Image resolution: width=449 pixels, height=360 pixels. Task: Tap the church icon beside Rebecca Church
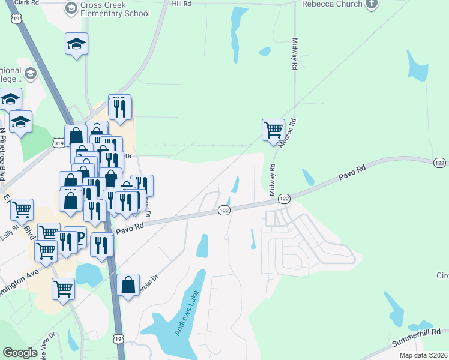coord(372,5)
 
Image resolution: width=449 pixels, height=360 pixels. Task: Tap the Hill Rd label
coord(181,4)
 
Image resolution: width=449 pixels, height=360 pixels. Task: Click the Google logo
coord(20,352)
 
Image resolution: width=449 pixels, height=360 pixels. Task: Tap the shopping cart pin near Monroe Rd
coord(273,129)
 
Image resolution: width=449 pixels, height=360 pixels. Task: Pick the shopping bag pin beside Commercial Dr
coord(128,284)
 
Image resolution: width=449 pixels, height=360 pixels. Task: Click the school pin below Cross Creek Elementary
coord(77,44)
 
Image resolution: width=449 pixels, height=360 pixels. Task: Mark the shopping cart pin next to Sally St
coord(22,209)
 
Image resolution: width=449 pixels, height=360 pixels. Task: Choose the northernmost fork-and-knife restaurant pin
coord(119,106)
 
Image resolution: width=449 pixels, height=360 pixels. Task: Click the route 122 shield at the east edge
coord(440,163)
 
